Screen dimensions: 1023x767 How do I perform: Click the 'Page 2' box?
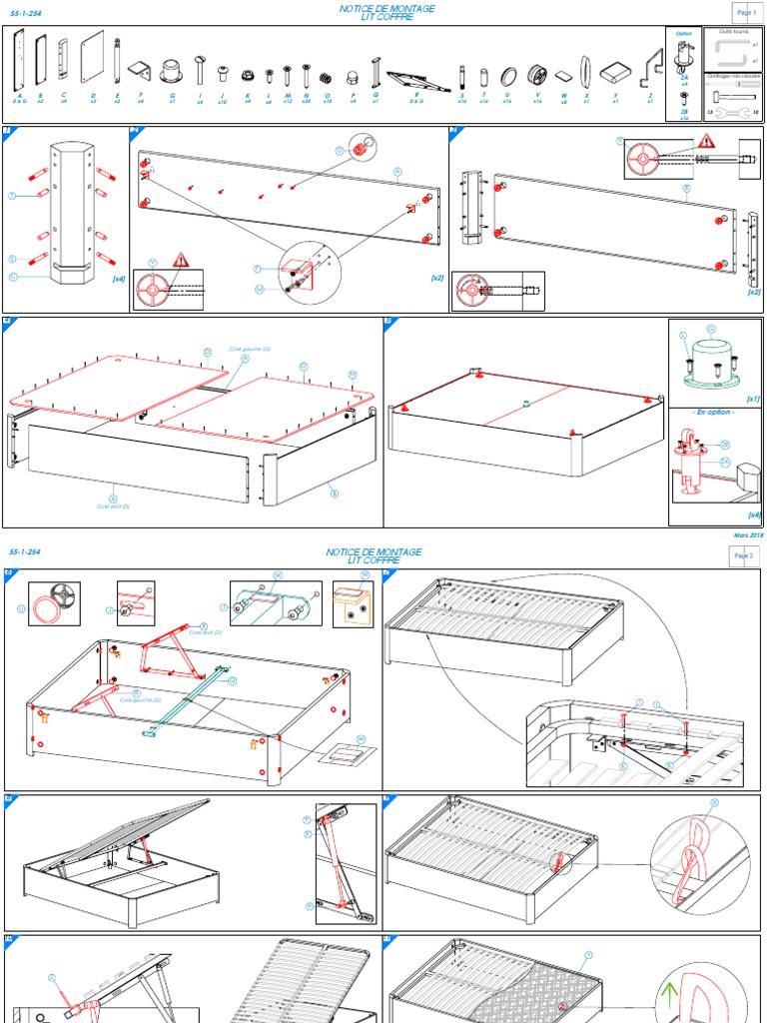(x=744, y=555)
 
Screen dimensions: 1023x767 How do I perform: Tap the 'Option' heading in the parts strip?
(x=683, y=33)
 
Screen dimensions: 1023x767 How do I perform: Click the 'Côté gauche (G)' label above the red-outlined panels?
(x=251, y=349)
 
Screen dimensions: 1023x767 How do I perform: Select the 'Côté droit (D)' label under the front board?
(x=113, y=507)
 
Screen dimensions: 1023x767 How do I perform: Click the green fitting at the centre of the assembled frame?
(x=526, y=405)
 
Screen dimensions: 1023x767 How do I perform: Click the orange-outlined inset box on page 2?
(x=353, y=604)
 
